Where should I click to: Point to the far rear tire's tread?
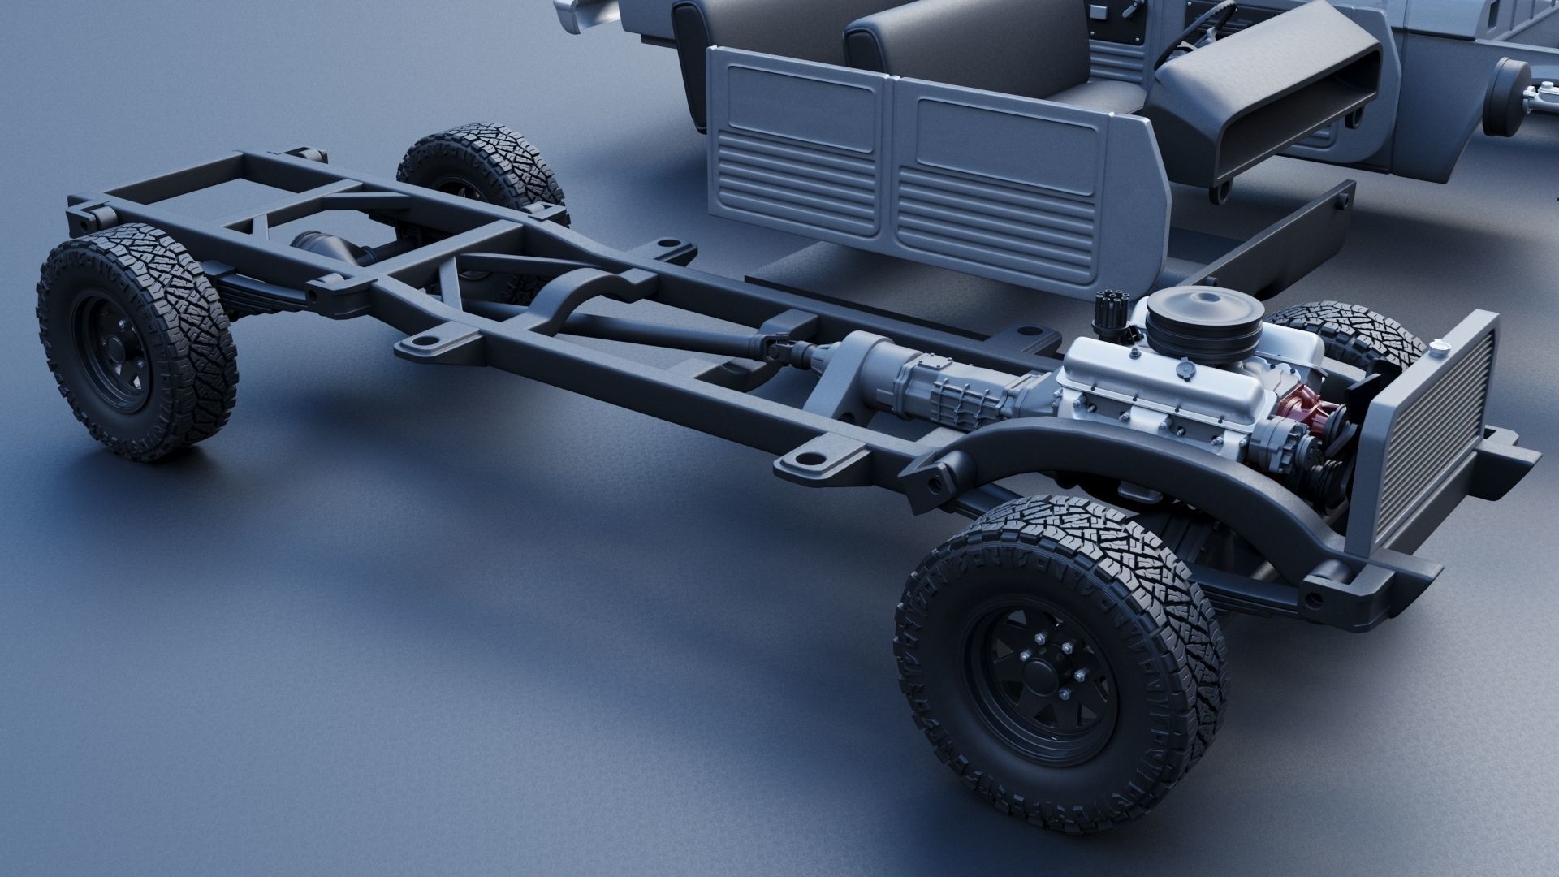pyautogui.click(x=479, y=154)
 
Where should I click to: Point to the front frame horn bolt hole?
pyautogui.click(x=1310, y=603)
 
